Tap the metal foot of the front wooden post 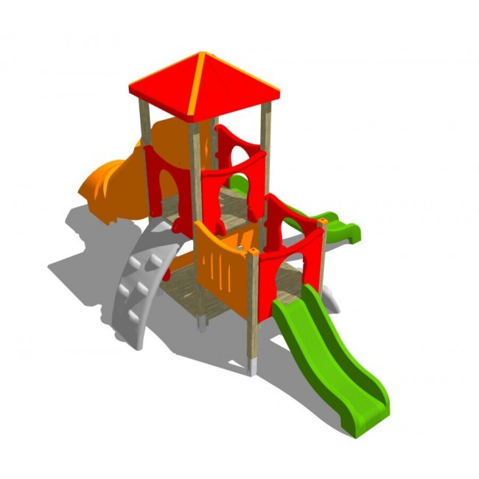tap(253, 366)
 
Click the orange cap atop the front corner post tap(253, 251)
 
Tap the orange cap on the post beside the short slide tap(323, 220)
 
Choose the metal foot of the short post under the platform tap(201, 325)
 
